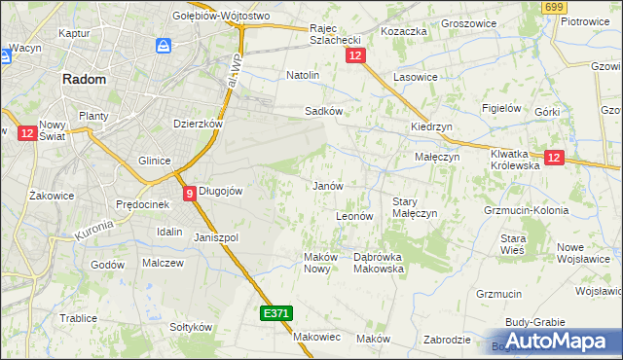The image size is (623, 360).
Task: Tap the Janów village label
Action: point(327,185)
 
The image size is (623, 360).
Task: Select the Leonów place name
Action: point(354,216)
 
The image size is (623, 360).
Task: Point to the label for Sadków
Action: point(323,111)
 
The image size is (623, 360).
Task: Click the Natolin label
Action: point(303,74)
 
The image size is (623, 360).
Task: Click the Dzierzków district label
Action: point(199,124)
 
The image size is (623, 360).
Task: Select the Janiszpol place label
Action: point(216,237)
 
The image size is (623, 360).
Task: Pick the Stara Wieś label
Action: point(513,244)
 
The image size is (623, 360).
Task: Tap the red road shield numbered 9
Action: point(189,193)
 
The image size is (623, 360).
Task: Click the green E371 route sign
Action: point(275,313)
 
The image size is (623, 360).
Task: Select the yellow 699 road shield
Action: point(555,7)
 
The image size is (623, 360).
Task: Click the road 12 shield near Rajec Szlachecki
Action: point(355,57)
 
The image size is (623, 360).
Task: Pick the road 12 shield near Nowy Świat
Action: point(26,132)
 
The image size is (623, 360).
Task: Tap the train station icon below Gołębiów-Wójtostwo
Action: point(164,45)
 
